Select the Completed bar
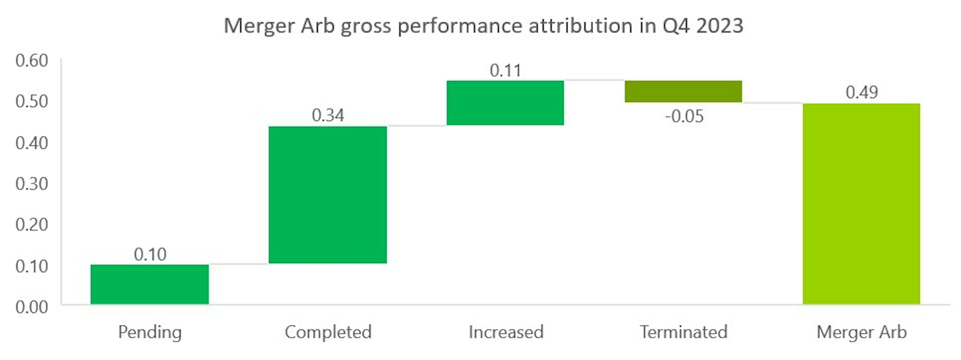coord(328,195)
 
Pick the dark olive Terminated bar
coord(683,91)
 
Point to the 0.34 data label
coord(328,115)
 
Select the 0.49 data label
coord(861,92)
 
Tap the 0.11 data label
coord(505,71)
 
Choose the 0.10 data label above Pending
coord(150,254)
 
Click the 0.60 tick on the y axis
coord(32,61)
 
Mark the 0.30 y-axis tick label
coord(32,184)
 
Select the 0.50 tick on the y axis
coord(32,102)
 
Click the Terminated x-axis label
coord(683,332)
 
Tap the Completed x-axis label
coord(328,332)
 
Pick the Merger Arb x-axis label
coord(861,332)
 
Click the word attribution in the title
coord(580,26)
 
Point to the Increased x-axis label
coord(506,332)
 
